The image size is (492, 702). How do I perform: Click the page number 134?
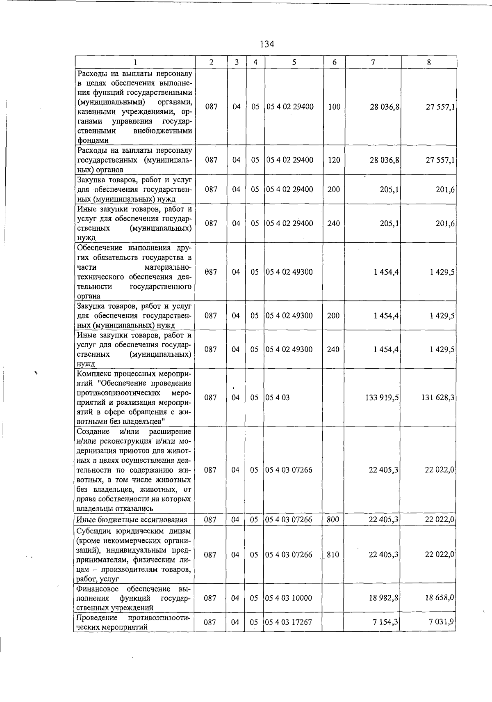tap(266, 44)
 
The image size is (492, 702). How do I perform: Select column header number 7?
tap(373, 62)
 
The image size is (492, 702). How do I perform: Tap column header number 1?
tap(135, 62)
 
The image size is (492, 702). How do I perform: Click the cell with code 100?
tap(334, 107)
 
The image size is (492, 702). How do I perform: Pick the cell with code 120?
tap(334, 160)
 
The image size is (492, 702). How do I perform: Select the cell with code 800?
tap(333, 520)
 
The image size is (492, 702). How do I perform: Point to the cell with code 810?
tap(333, 555)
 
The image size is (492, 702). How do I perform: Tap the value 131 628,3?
tap(437, 398)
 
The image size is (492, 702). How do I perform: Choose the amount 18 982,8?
tap(383, 598)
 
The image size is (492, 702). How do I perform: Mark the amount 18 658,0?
tap(440, 598)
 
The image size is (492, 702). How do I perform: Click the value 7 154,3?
tap(385, 622)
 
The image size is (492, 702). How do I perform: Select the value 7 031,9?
tap(441, 622)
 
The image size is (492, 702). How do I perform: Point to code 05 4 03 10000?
tap(289, 598)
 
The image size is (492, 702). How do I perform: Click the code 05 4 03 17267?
tap(289, 622)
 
